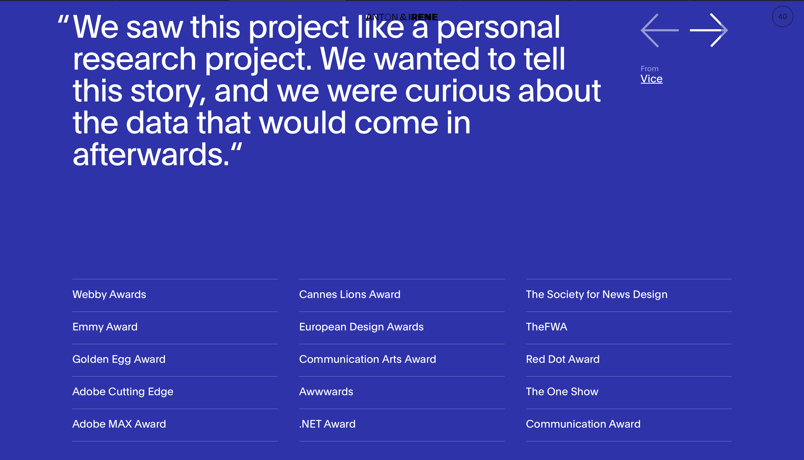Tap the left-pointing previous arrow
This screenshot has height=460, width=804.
(660, 30)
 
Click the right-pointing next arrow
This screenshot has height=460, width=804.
(709, 30)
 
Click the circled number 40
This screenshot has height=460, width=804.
(782, 16)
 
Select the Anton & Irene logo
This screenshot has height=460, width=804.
(402, 17)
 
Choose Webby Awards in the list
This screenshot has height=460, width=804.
(109, 295)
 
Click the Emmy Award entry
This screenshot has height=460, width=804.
(105, 327)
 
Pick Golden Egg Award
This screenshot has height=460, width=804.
(119, 360)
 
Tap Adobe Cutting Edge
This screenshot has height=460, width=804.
(123, 392)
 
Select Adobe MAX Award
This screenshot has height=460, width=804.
(119, 424)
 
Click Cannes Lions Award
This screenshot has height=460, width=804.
(350, 295)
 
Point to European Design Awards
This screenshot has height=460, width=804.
(361, 327)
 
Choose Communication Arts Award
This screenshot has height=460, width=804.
(367, 359)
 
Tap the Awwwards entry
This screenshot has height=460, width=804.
(326, 392)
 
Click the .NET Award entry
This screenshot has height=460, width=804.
(327, 424)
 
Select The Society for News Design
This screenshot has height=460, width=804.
(597, 295)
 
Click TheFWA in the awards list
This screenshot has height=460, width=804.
(547, 327)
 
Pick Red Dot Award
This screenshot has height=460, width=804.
(563, 359)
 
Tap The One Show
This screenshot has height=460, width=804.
(562, 392)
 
